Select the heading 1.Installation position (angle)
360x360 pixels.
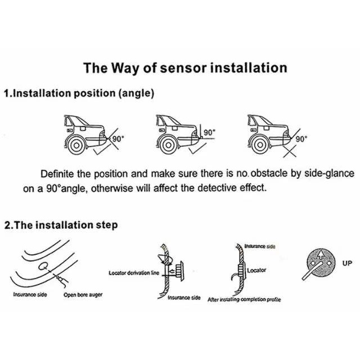pyautogui.click(x=79, y=93)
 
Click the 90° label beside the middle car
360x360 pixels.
pyautogui.click(x=209, y=133)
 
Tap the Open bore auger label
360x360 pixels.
pyautogui.click(x=83, y=295)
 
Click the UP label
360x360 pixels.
pyautogui.click(x=347, y=262)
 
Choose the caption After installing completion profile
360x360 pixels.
pyautogui.click(x=244, y=300)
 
